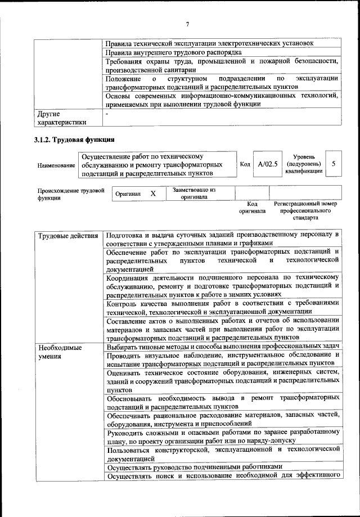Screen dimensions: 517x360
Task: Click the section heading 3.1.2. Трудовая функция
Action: point(74,140)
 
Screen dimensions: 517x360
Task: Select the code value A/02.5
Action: point(267,164)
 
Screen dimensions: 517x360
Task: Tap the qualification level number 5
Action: point(334,164)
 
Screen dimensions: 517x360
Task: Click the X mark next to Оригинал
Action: point(152,194)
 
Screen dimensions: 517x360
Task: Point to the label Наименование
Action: point(56,165)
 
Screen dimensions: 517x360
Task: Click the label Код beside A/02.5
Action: point(245,164)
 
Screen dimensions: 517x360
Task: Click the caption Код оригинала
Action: point(252,208)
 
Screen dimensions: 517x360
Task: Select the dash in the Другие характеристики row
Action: point(107,114)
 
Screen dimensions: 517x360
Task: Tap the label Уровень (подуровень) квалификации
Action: point(304,164)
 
